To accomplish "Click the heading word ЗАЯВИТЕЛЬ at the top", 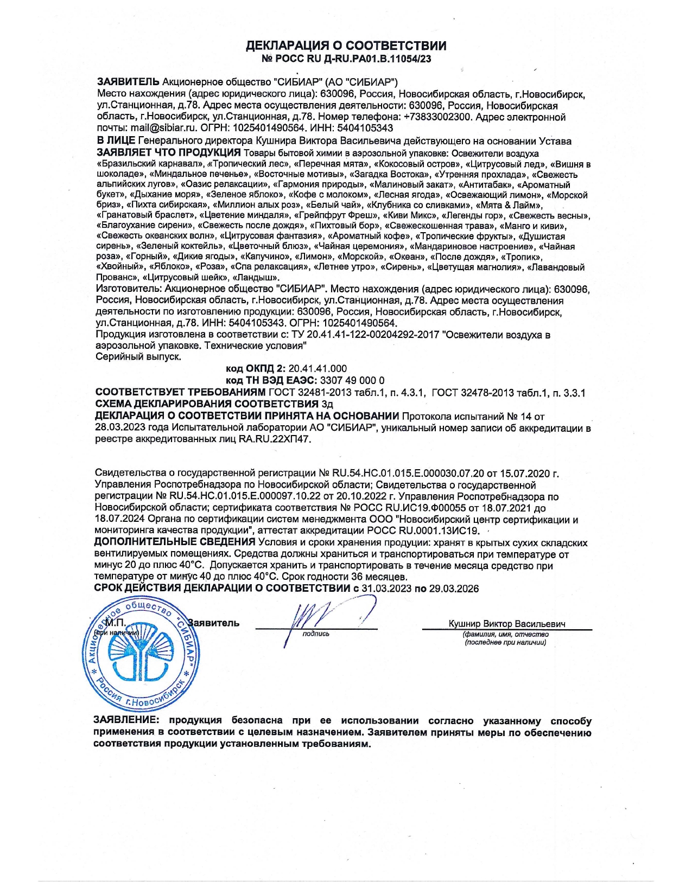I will coord(128,82).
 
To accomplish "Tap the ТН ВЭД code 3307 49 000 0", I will coord(352,380).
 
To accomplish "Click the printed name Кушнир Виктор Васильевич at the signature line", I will coord(507,624).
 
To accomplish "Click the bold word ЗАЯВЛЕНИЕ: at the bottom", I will coord(127,721).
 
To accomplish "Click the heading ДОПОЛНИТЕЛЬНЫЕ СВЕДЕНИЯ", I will coord(175,542).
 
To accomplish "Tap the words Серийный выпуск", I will coord(138,357).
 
